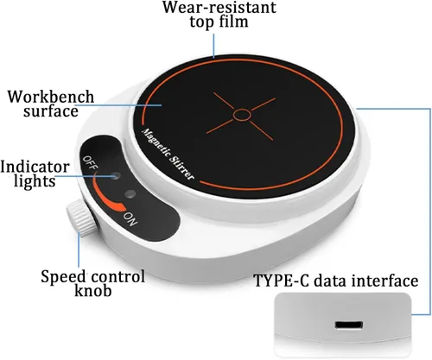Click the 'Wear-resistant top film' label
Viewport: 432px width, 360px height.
pyautogui.click(x=219, y=15)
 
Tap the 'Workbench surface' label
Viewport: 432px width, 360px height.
pyautogui.click(x=51, y=104)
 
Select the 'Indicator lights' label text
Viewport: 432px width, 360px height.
pyautogui.click(x=35, y=174)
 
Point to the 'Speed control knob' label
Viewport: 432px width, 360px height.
pyautogui.click(x=93, y=283)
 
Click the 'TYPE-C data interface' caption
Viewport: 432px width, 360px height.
pyautogui.click(x=336, y=281)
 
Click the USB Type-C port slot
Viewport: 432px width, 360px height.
pyautogui.click(x=348, y=325)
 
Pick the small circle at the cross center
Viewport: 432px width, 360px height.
pyautogui.click(x=242, y=115)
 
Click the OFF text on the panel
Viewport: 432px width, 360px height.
pyautogui.click(x=91, y=162)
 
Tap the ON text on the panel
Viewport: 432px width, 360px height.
pyautogui.click(x=131, y=219)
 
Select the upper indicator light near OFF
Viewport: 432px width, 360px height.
pyautogui.click(x=116, y=175)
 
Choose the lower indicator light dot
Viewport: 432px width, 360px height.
pyautogui.click(x=130, y=193)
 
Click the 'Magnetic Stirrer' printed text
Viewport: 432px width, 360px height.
pyautogui.click(x=168, y=155)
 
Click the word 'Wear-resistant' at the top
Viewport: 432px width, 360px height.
pyautogui.click(x=219, y=7)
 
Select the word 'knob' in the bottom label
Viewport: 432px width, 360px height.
pyautogui.click(x=93, y=290)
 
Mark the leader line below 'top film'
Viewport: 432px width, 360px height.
pyautogui.click(x=214, y=46)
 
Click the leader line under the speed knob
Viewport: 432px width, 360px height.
pyautogui.click(x=79, y=249)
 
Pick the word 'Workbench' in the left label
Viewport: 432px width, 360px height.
pyautogui.click(x=51, y=97)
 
